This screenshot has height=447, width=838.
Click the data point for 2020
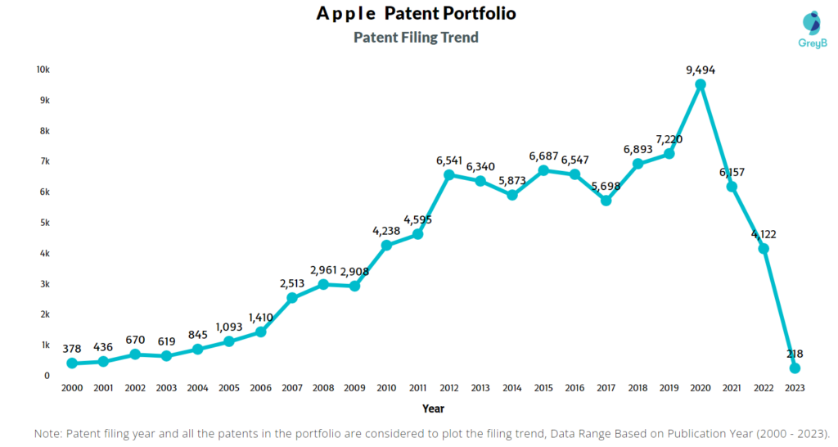(x=701, y=84)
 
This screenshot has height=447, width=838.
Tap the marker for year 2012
(x=448, y=174)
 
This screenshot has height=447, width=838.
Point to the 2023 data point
(x=795, y=368)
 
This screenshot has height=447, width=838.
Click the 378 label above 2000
(x=72, y=349)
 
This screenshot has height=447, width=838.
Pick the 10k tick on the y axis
(x=43, y=70)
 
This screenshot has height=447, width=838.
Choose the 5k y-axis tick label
(x=45, y=223)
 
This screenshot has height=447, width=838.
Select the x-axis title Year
(x=433, y=408)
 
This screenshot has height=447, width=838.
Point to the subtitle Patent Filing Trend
(x=416, y=38)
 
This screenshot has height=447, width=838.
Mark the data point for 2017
(x=606, y=200)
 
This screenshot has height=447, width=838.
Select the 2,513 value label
(x=292, y=283)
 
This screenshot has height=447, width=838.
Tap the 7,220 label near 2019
(x=668, y=139)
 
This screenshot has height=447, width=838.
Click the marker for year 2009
(x=354, y=286)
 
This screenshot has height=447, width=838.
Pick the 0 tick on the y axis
(x=47, y=376)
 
